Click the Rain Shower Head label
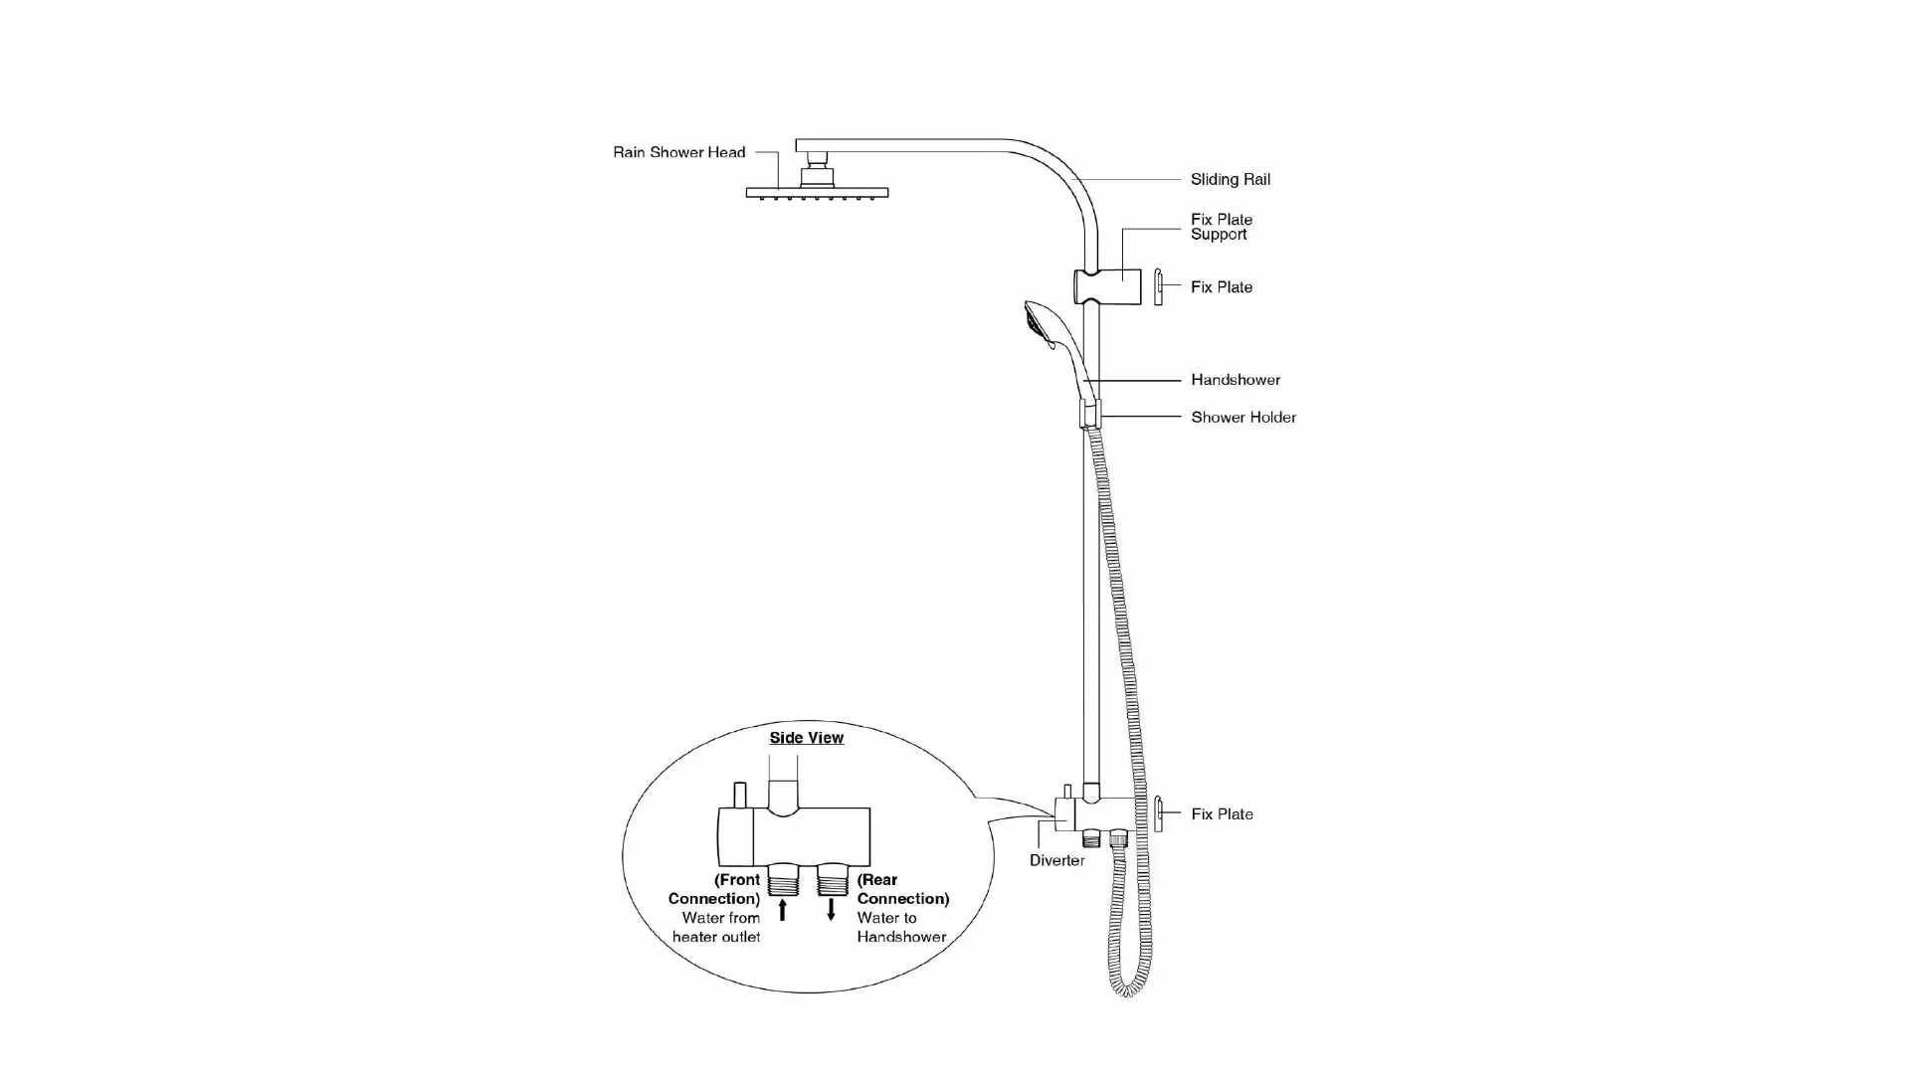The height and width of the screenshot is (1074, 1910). click(678, 152)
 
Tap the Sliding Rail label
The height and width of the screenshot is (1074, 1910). click(1230, 180)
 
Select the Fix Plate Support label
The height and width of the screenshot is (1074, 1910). click(1221, 227)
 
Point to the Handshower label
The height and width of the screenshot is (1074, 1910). click(1235, 380)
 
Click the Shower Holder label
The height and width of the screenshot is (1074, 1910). click(1242, 418)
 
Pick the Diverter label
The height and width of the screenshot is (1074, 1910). click(1056, 860)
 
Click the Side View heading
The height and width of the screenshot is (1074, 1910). click(806, 738)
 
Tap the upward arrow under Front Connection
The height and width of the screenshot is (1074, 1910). click(783, 909)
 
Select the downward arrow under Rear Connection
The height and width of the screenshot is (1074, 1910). click(832, 909)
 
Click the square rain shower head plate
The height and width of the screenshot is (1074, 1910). click(817, 192)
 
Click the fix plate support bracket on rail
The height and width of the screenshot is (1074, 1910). click(1106, 286)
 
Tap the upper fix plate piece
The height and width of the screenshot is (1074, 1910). click(1158, 286)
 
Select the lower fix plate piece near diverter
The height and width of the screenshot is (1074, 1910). click(1158, 813)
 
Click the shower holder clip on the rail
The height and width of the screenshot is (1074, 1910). click(1090, 414)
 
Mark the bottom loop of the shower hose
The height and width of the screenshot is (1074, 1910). click(1127, 988)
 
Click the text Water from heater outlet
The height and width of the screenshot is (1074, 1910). click(716, 927)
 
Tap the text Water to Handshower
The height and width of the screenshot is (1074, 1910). click(900, 927)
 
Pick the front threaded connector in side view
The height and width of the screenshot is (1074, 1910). click(783, 879)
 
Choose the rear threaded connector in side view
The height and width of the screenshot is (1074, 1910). click(832, 879)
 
